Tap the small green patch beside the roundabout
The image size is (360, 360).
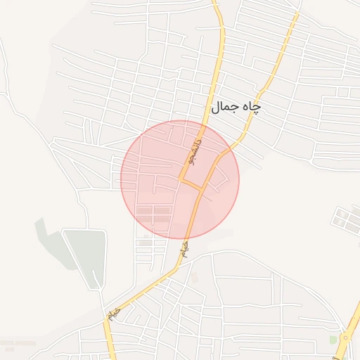[x=333, y=340]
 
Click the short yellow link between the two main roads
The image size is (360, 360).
[x=191, y=184]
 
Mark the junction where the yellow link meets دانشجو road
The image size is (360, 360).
[x=181, y=180]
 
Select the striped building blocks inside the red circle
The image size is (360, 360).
[x=153, y=211]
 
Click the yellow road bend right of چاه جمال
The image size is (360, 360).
[x=261, y=92]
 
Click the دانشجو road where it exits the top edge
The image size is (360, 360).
[x=216, y=4]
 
